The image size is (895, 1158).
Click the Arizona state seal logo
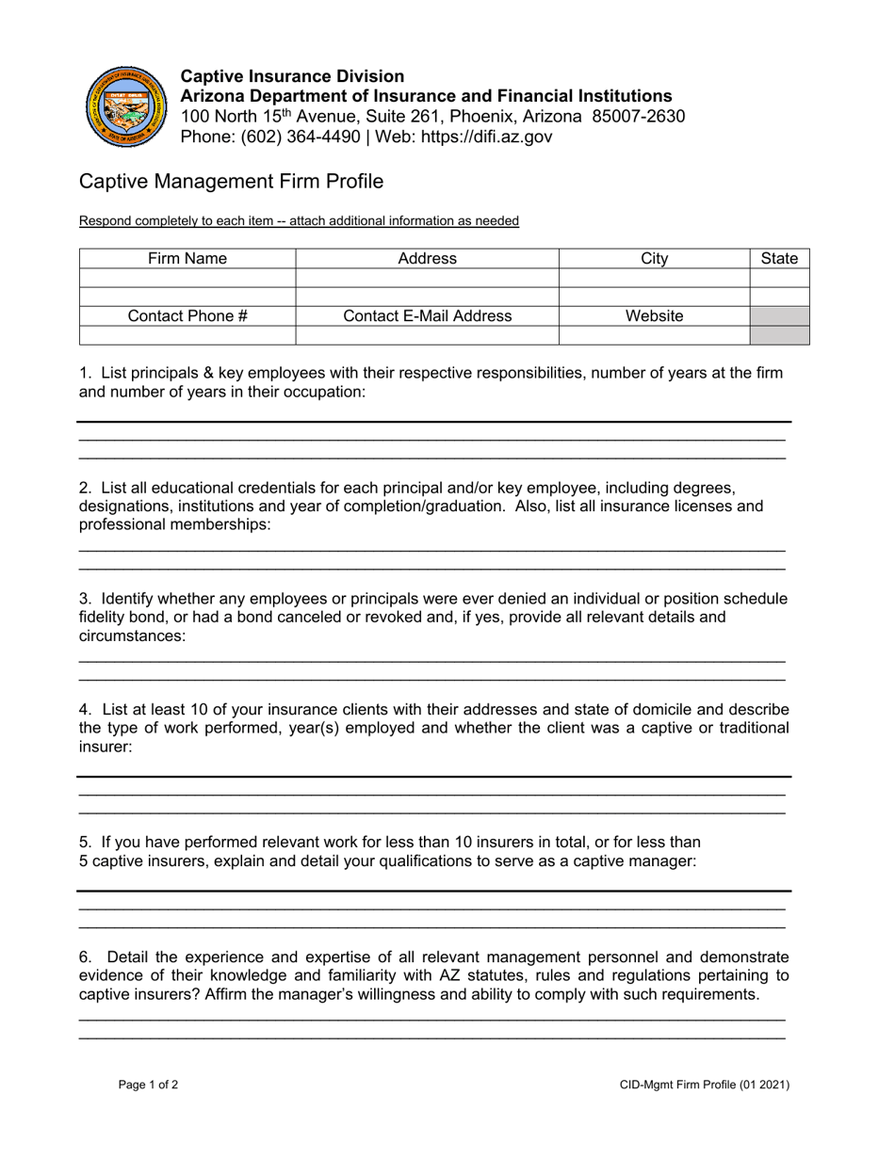pyautogui.click(x=126, y=106)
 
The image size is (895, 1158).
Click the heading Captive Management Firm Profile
pyautogui.click(x=231, y=181)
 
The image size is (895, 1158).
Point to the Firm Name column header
pyautogui.click(x=187, y=259)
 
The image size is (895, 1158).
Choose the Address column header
pyautogui.click(x=427, y=259)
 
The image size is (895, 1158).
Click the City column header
pyautogui.click(x=654, y=259)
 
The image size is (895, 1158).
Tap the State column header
pyautogui.click(x=779, y=259)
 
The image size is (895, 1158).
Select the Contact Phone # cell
pyautogui.click(x=187, y=316)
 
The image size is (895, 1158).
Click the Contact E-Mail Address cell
pyautogui.click(x=427, y=316)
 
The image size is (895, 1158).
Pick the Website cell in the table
pyautogui.click(x=654, y=316)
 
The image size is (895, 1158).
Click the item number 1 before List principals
pyautogui.click(x=84, y=373)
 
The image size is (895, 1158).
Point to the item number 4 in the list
pyautogui.click(x=84, y=710)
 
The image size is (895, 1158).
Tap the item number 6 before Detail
pyautogui.click(x=84, y=957)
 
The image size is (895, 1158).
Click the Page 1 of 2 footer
pyautogui.click(x=148, y=1085)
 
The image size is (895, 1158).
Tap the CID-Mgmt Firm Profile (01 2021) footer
pyautogui.click(x=705, y=1085)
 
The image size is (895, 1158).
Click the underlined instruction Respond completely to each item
pyautogui.click(x=299, y=221)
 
